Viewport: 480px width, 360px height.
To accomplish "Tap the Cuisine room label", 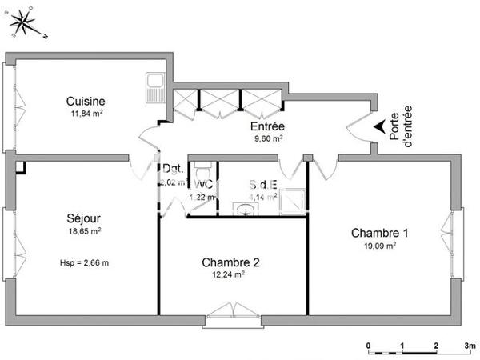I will click(85, 101).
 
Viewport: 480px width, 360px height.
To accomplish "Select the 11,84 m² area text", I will click(86, 114).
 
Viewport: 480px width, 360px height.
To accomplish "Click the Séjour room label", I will click(83, 218).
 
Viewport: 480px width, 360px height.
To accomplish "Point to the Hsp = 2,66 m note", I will click(84, 262).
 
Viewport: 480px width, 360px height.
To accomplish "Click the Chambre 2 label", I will click(230, 262).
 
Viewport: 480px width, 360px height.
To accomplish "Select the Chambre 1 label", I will click(380, 233).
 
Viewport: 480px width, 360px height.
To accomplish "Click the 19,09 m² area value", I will click(380, 246).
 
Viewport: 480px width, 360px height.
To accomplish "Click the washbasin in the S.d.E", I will click(244, 209).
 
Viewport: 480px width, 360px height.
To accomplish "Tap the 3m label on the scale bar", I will click(470, 345).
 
